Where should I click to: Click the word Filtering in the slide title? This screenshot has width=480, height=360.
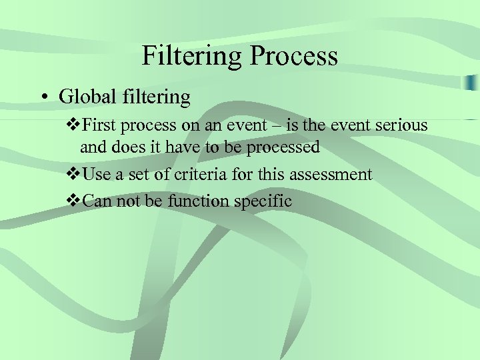point(193,56)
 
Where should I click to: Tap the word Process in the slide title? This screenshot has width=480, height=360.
point(294,56)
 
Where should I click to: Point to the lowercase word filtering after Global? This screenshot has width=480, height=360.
point(156,97)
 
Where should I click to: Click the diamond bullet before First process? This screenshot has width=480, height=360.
point(73,126)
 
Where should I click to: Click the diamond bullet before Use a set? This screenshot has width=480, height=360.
point(73,175)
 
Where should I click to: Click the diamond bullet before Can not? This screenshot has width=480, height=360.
point(73,201)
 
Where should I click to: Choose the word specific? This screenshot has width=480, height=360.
point(265,201)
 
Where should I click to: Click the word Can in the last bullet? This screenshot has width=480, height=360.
point(97,201)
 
